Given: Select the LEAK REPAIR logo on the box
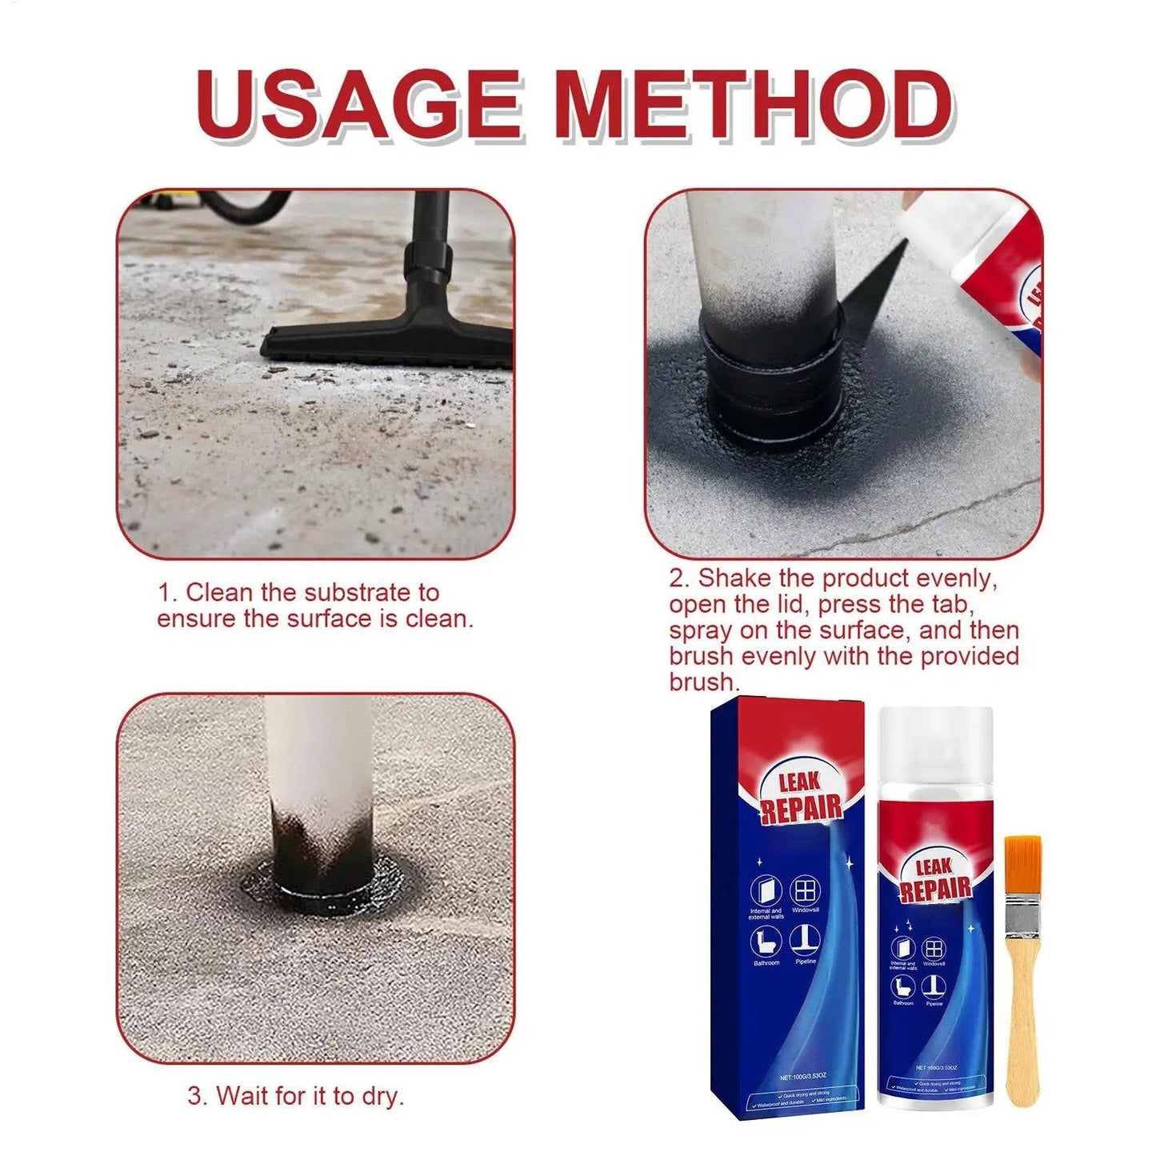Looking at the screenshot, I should pos(800,796).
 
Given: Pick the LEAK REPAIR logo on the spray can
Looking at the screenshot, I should pos(934,878).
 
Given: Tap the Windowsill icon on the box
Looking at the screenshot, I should pos(805,890).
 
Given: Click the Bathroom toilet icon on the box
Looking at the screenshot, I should pos(766,941).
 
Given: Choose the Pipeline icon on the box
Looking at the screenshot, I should pos(805,940).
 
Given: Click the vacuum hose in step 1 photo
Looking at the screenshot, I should pos(240,206).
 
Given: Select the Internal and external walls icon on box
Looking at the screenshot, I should pos(766,890).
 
